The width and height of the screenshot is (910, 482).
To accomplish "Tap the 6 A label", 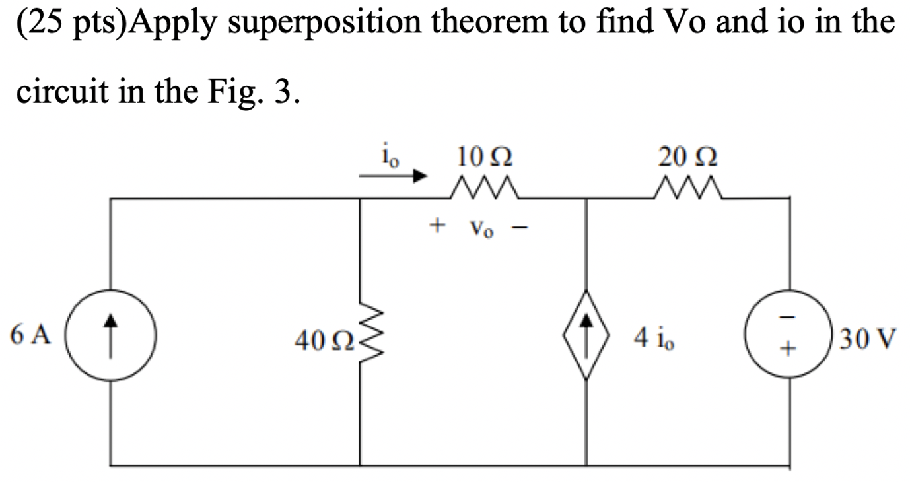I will [31, 336].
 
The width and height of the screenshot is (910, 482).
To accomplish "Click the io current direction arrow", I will [394, 176].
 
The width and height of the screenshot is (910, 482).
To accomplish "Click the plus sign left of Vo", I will [435, 227].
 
